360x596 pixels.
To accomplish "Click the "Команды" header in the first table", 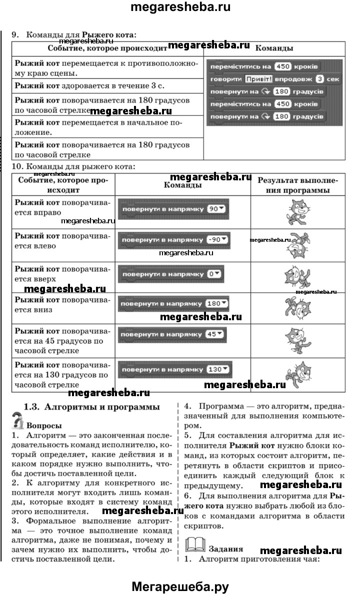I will click(274, 48).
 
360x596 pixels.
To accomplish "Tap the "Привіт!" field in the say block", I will click(258, 79).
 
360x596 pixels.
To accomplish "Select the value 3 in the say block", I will click(320, 79).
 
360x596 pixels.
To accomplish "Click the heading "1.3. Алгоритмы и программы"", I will click(92, 407).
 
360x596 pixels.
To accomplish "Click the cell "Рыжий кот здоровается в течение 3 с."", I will click(107, 86).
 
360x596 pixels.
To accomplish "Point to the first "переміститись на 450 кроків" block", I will click(265, 67).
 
